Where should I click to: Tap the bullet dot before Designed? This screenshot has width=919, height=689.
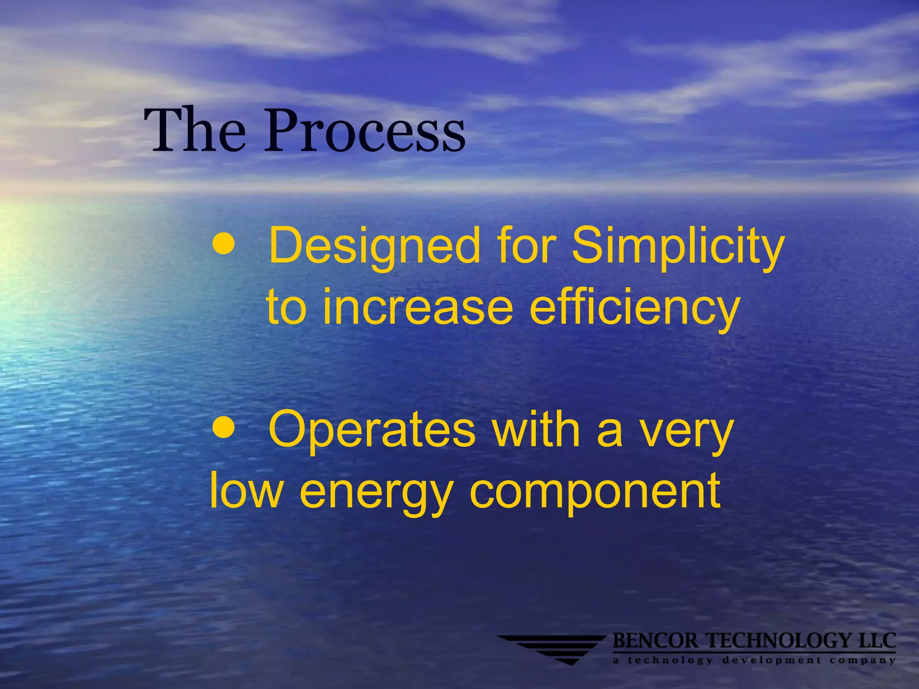[223, 244]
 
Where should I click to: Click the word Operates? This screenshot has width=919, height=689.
[372, 431]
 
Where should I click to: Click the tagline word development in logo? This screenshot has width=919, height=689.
[772, 660]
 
